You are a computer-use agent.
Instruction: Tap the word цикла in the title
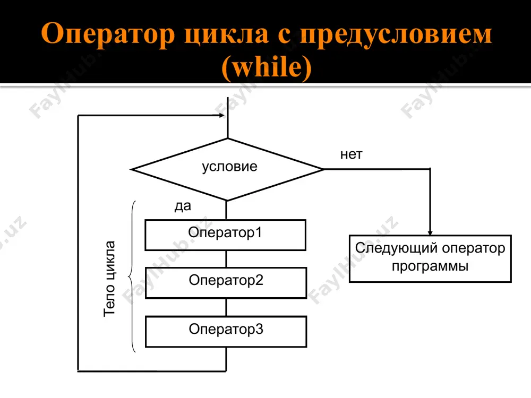click(226, 34)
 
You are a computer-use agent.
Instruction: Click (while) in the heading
click(266, 67)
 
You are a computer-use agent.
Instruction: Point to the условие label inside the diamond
click(229, 166)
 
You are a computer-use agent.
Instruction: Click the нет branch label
click(351, 154)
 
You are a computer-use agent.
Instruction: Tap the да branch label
click(183, 205)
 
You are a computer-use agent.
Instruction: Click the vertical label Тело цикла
click(109, 279)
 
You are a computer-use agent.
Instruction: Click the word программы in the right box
click(430, 266)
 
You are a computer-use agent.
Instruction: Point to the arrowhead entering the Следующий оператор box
click(430, 233)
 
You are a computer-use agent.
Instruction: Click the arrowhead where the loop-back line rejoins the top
click(222, 115)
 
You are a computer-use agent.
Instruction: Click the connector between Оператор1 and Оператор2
click(226, 259)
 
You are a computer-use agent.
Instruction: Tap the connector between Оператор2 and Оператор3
click(226, 307)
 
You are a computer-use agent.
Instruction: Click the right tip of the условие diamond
click(323, 169)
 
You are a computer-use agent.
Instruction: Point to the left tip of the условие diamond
click(131, 170)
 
